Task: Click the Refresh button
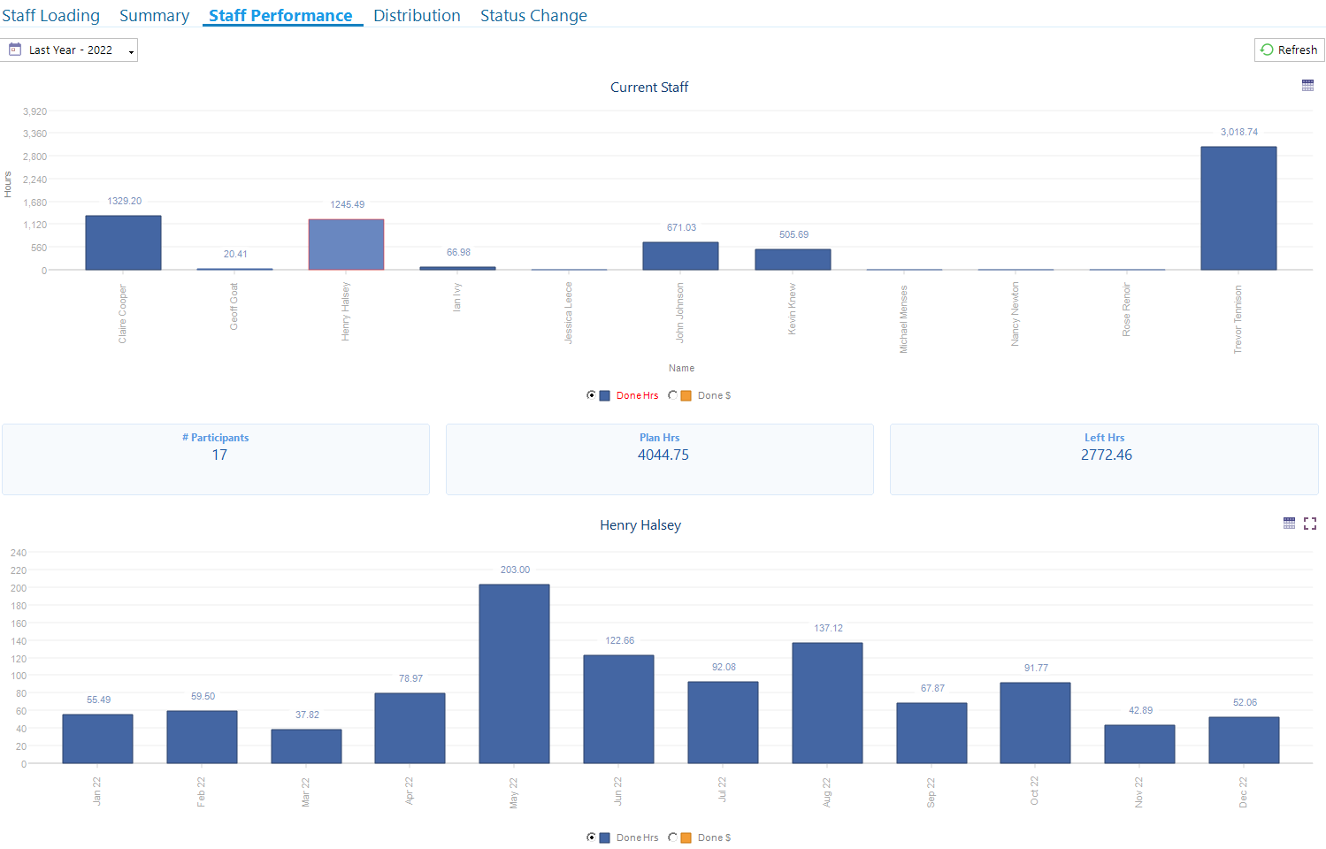point(1289,50)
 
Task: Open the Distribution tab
point(417,16)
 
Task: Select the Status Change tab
point(533,16)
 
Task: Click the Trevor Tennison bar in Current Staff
point(1238,208)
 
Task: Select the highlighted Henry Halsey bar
point(346,244)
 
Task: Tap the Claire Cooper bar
point(123,242)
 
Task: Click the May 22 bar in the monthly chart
point(514,673)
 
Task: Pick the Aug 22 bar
point(827,702)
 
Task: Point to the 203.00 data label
point(515,570)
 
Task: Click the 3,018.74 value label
point(1238,133)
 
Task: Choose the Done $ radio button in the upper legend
point(673,395)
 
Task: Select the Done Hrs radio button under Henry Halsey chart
point(591,838)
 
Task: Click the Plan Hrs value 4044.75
point(663,455)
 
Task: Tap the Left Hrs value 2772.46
point(1106,455)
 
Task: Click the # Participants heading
point(215,438)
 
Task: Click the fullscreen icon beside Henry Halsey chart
point(1310,524)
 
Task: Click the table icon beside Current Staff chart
point(1307,86)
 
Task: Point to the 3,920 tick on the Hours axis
point(35,111)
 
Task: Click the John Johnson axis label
point(680,312)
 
